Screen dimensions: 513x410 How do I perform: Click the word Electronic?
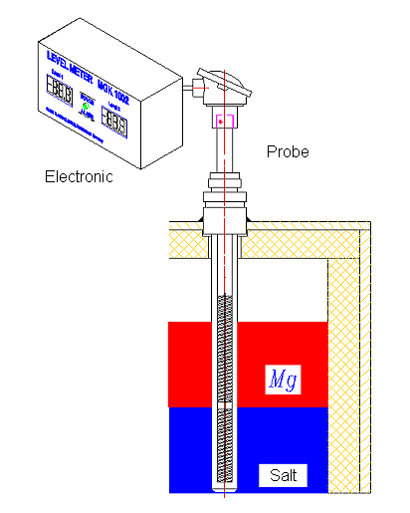click(x=79, y=176)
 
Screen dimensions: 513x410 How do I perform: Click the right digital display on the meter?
click(x=116, y=123)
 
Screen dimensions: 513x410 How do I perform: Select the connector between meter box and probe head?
click(x=187, y=88)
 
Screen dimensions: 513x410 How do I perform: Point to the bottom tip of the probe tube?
click(x=225, y=485)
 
